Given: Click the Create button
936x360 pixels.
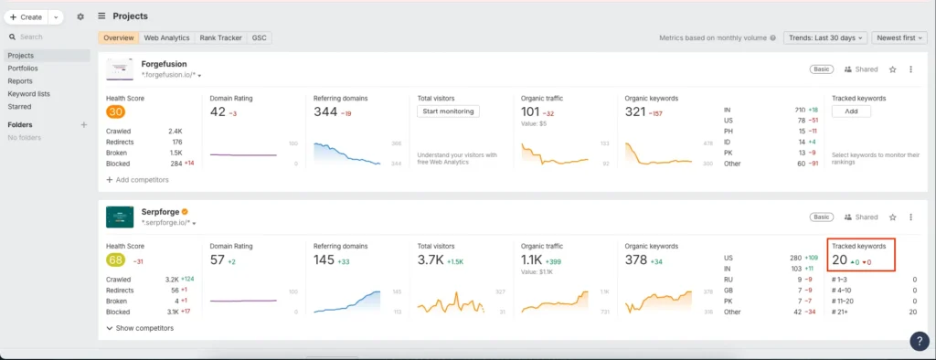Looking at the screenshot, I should tap(27, 16).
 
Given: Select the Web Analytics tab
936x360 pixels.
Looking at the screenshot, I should tap(166, 38).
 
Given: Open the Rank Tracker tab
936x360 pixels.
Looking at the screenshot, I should tap(219, 38).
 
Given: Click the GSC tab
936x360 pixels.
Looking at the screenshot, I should tap(259, 38).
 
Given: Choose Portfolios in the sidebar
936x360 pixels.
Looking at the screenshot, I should tap(23, 69).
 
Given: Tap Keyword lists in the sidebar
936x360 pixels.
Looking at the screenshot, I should tap(28, 94).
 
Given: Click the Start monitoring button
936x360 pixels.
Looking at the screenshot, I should tap(448, 111).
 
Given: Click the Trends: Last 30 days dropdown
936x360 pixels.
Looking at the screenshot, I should tap(822, 38).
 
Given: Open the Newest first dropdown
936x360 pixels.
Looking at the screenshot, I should tap(899, 38).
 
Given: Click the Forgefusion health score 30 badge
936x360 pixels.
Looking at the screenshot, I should tap(115, 112).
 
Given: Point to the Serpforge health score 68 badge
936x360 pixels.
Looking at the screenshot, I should tap(115, 260).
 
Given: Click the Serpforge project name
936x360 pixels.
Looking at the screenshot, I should tap(159, 212).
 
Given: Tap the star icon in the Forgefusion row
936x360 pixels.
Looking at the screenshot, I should tap(893, 69).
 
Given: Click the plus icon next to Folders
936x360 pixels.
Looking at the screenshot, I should tap(84, 124).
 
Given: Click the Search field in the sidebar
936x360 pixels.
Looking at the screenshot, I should tap(46, 37).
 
